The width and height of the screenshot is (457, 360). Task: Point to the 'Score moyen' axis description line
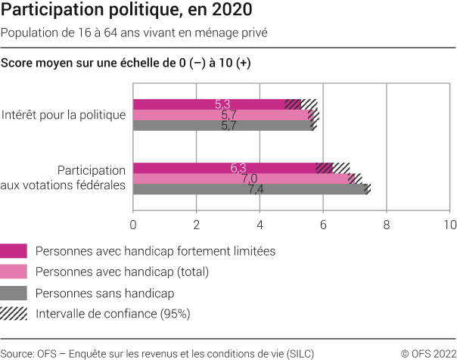point(126,63)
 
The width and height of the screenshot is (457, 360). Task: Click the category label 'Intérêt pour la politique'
point(63,115)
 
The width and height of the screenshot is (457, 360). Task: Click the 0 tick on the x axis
point(133,225)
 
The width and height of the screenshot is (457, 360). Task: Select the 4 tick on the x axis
point(260,225)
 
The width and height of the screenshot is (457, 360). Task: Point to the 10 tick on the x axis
point(449,225)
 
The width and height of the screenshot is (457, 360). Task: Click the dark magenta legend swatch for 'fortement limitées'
point(14,250)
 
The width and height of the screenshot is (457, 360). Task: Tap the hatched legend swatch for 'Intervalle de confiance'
point(14,313)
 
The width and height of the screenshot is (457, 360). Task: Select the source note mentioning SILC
point(157,352)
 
